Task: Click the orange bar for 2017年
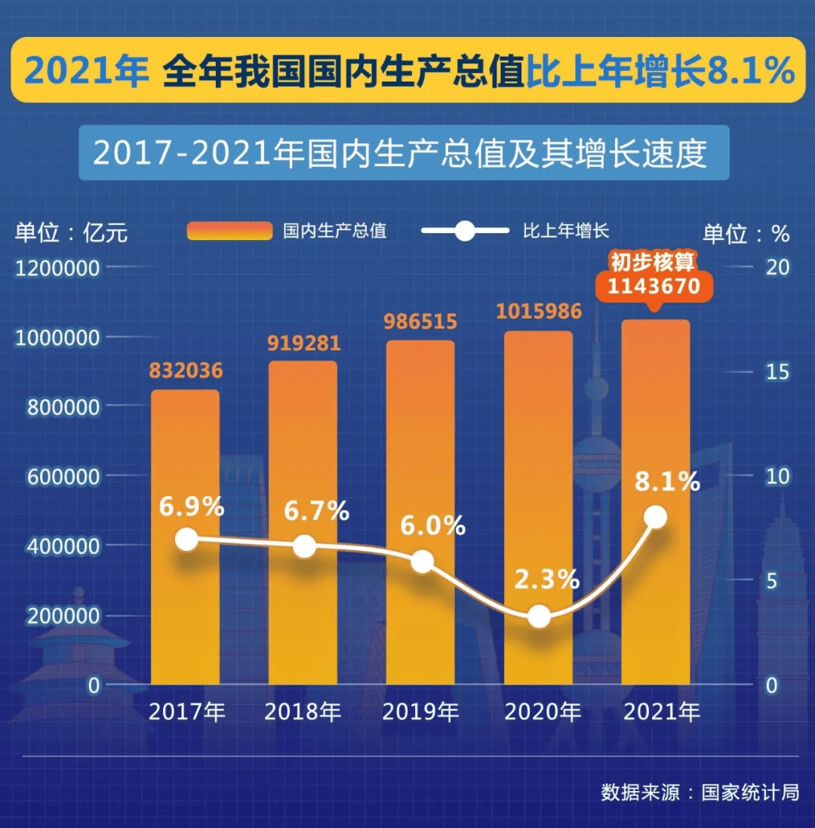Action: click(186, 537)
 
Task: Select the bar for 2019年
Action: click(420, 512)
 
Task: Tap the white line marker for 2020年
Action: click(539, 616)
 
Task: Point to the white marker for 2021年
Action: click(656, 516)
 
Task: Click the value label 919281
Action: click(303, 343)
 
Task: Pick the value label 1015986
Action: click(539, 311)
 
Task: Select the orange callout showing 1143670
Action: click(654, 286)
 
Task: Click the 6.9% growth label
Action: click(192, 507)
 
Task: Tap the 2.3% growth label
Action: click(547, 579)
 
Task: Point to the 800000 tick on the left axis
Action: click(63, 407)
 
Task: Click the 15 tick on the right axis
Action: click(777, 372)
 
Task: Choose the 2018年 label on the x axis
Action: click(303, 712)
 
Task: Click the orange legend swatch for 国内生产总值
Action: click(229, 231)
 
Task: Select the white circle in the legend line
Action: click(465, 231)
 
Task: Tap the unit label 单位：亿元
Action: click(71, 232)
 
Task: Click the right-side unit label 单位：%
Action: click(746, 233)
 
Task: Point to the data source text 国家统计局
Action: click(750, 792)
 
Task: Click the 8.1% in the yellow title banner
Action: click(751, 70)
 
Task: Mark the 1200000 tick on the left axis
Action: click(57, 268)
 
